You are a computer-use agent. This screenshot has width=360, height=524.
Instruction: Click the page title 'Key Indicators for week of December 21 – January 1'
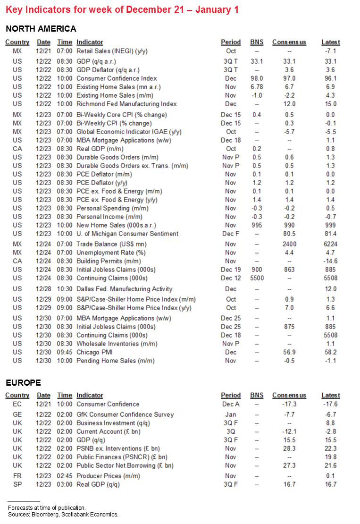120,9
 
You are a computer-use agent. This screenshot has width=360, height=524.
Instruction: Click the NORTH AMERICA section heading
41,29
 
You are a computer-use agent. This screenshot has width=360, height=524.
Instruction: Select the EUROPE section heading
24,382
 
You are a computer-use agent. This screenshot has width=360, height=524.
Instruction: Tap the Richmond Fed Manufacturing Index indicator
126,104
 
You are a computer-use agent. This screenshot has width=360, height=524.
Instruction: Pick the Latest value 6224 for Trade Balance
330,244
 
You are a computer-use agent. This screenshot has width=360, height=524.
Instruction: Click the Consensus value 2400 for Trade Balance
289,244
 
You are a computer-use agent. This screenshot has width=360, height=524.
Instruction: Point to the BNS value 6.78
257,87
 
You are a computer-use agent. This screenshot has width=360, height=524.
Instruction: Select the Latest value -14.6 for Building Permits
330,261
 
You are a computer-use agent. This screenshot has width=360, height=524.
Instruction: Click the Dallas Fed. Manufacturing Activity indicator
124,289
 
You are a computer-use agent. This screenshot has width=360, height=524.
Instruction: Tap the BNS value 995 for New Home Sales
257,225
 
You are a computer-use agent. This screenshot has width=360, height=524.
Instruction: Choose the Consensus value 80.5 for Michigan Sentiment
289,234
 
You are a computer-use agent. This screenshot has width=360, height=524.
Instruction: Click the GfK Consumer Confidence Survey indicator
125,414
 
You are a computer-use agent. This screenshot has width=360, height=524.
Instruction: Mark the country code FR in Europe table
17,476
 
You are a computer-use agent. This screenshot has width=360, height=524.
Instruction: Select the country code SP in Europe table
17,484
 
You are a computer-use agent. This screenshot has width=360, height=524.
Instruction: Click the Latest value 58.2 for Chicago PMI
330,352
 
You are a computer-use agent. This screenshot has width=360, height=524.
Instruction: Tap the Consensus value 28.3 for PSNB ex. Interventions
289,448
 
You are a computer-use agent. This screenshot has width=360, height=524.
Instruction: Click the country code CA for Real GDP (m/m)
17,149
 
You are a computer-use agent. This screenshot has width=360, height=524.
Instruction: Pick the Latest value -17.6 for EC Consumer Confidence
330,404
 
